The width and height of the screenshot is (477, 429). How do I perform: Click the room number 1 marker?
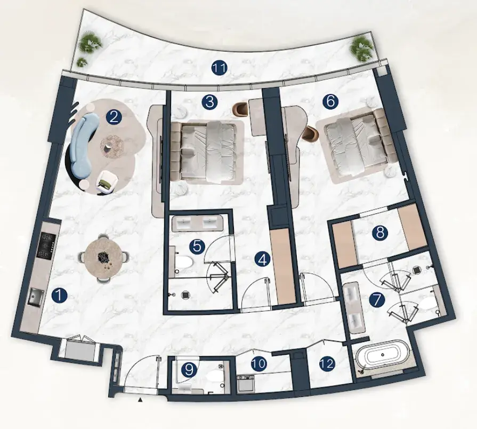coord(59,296)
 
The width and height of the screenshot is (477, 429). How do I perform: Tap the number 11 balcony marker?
coord(220,68)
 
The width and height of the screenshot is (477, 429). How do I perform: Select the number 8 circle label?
coord(380,233)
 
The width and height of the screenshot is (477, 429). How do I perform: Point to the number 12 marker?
coord(327,363)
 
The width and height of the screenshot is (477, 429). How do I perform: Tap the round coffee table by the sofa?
coord(112,147)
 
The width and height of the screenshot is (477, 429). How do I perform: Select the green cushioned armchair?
coord(106,182)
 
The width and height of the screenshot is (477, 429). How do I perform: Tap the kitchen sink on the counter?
coord(36,297)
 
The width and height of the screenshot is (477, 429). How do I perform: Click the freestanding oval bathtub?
coord(382,356)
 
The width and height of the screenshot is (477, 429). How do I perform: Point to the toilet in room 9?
coord(214,376)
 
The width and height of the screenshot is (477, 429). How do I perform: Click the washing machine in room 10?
coord(246,384)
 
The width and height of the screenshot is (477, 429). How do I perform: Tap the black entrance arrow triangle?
coord(140,400)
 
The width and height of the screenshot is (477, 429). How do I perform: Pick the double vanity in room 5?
coord(197,223)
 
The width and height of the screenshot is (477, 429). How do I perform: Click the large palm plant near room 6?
coord(362,48)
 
